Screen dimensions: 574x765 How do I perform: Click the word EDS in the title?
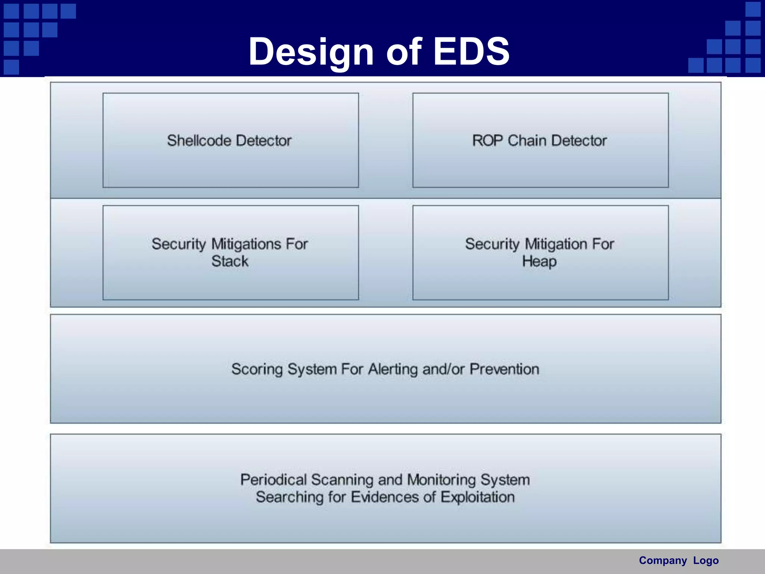[x=471, y=52]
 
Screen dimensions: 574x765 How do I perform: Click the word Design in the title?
[x=311, y=52]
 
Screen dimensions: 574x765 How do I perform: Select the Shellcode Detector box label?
[x=229, y=141]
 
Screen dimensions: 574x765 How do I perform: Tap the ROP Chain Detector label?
[x=539, y=141]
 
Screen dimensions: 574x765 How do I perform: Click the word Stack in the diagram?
[x=230, y=261]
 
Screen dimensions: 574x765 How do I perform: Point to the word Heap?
[x=539, y=261]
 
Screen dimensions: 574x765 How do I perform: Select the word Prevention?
[x=504, y=369]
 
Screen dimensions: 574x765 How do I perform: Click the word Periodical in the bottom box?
[x=273, y=480]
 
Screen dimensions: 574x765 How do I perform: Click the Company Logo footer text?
[x=678, y=561]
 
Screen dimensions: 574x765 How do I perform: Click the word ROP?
[x=487, y=141]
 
